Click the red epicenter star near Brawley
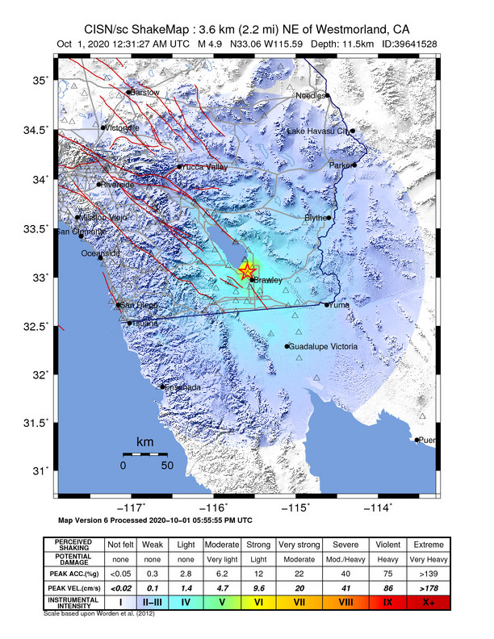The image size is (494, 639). tap(247, 271)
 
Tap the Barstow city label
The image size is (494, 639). tap(145, 93)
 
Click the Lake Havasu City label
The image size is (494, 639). tap(318, 131)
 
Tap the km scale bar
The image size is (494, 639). tap(145, 455)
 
